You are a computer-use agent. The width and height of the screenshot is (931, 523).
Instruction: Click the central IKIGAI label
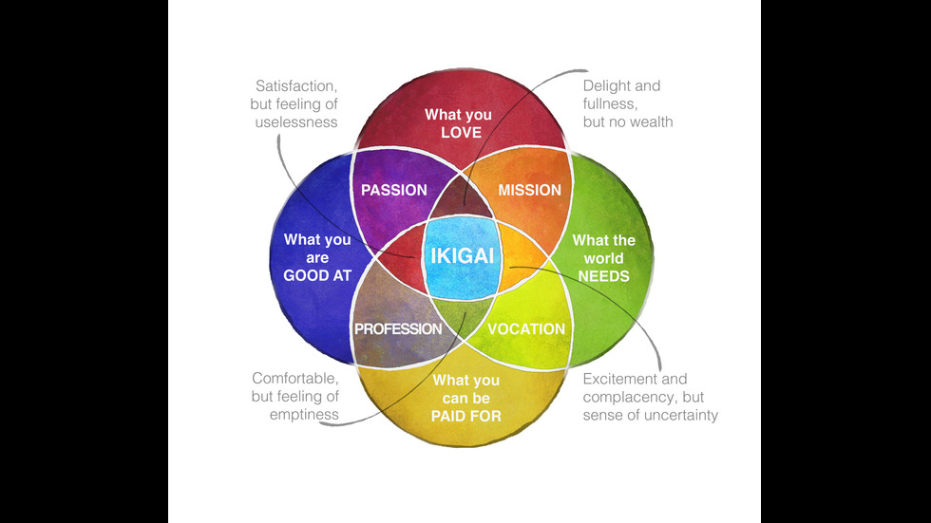point(465,257)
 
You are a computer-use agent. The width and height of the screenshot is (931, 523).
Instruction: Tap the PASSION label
point(394,190)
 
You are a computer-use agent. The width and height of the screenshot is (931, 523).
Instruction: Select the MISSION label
point(530,190)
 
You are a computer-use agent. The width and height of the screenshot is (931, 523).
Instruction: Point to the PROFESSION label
point(398,329)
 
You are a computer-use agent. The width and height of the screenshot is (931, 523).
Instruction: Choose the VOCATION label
point(526,329)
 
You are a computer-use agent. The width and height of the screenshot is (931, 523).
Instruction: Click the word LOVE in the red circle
point(461,132)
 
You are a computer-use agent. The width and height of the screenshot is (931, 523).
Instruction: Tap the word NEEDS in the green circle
point(603,276)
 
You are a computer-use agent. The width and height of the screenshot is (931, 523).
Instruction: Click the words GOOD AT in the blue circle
point(317,276)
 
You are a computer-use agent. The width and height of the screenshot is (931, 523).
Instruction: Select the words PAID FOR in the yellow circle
point(466,416)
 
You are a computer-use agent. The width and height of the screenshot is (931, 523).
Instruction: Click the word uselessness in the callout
point(296,122)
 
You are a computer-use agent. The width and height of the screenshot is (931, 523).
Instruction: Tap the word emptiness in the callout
point(295,415)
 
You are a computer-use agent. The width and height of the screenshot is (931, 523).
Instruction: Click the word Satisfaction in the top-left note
point(295,85)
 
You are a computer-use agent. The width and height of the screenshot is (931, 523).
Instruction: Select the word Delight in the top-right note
point(606,85)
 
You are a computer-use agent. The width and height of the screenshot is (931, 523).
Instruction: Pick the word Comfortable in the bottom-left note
point(296,378)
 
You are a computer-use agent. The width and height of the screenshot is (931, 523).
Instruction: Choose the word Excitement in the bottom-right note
point(620,379)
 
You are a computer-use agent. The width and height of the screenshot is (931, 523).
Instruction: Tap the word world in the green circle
point(603,258)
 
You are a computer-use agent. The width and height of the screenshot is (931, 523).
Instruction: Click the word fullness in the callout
point(609,103)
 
